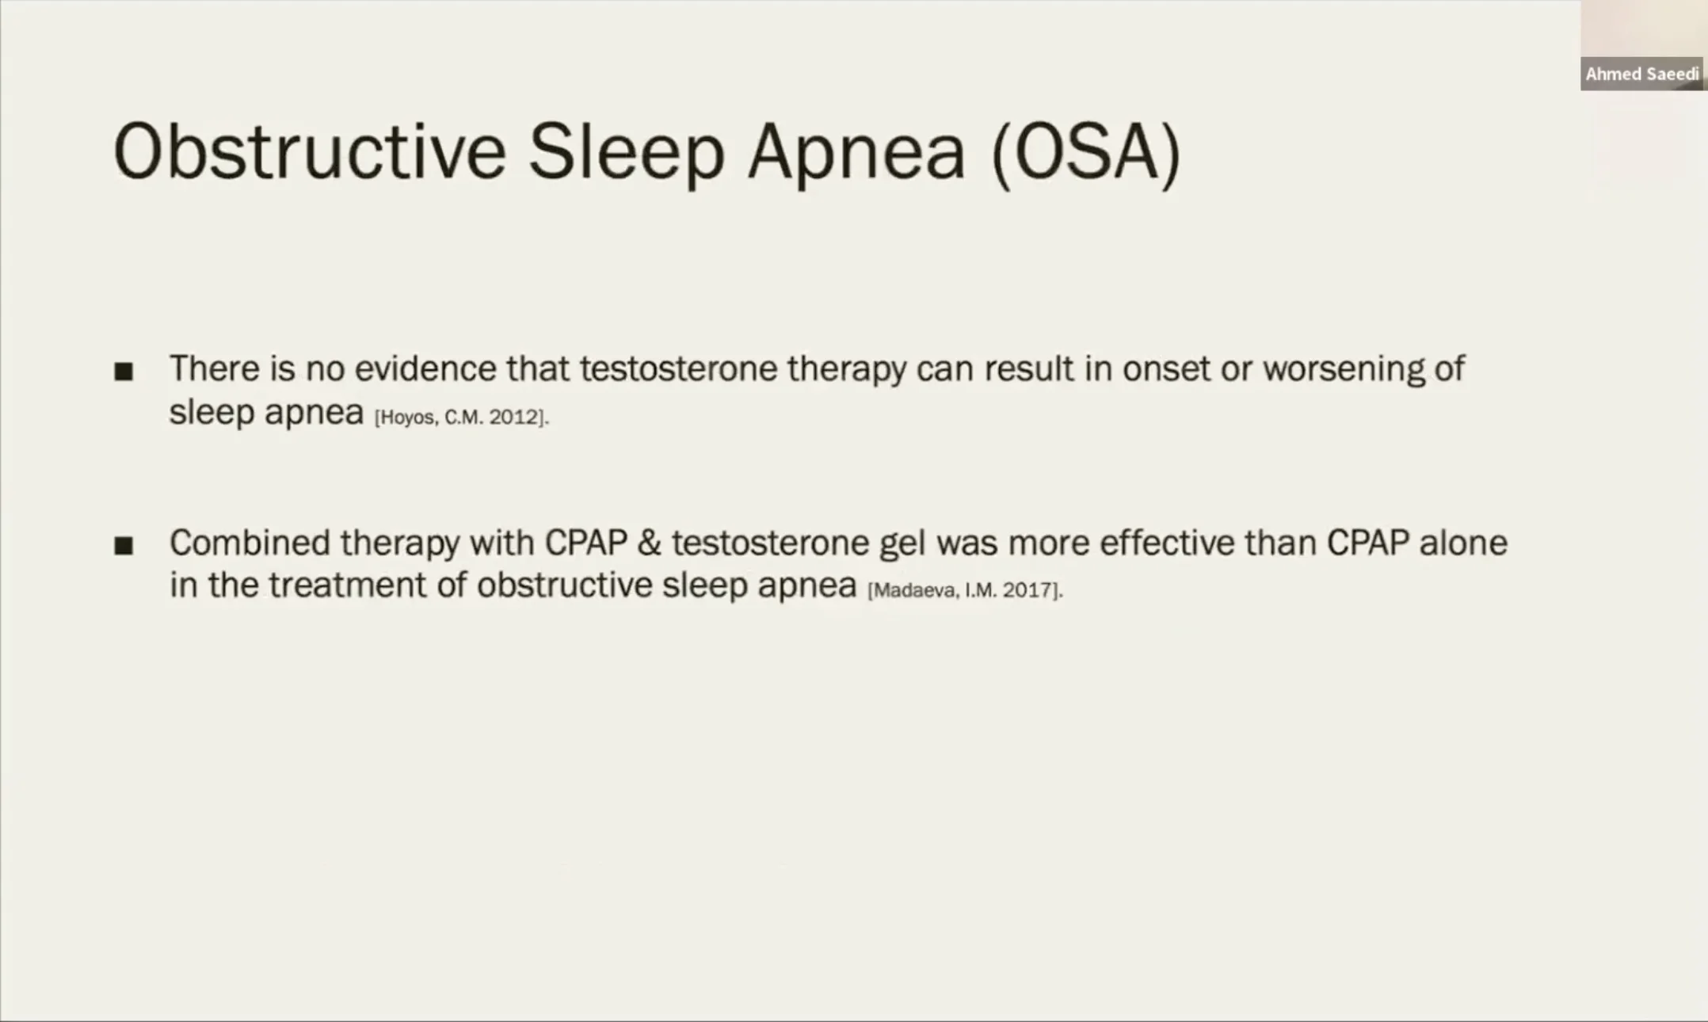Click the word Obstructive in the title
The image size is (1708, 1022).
tap(310, 151)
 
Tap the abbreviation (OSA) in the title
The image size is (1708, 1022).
tap(1086, 154)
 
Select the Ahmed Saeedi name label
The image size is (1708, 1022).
tap(1642, 74)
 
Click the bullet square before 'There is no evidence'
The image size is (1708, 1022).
tap(124, 371)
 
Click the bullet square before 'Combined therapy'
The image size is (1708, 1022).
tap(124, 545)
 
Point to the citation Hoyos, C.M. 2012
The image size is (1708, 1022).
tap(461, 418)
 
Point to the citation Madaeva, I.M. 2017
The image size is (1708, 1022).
tap(965, 590)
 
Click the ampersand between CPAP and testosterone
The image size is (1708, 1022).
tap(649, 543)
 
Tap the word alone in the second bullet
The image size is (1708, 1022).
tap(1463, 543)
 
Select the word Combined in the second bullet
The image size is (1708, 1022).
tap(250, 543)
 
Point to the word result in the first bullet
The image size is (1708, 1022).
tap(1029, 369)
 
